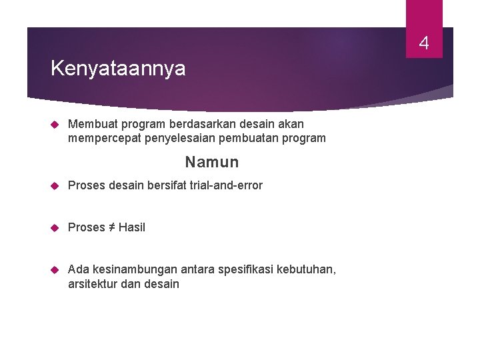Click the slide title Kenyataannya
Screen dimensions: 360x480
[118, 69]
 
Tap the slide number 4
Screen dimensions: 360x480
[424, 45]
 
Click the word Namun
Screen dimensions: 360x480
[212, 162]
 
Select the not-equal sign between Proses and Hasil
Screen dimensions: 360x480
[111, 227]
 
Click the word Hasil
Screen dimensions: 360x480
[132, 227]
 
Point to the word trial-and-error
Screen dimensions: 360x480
[228, 185]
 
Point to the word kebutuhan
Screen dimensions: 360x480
[308, 269]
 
